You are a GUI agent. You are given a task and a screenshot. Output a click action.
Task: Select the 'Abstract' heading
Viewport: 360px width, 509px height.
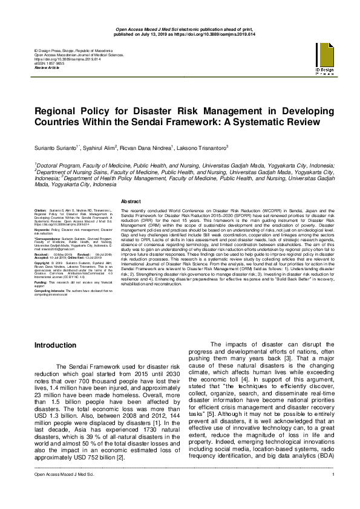[131, 201]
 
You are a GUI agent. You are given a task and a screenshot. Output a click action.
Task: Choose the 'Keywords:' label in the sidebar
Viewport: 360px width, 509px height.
[43, 230]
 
